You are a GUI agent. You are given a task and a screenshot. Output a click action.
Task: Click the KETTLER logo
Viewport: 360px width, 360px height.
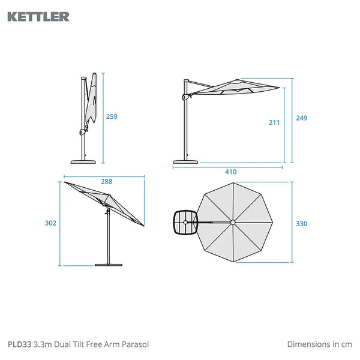click(x=38, y=17)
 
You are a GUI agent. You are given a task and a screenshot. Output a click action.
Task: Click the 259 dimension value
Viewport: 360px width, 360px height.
click(x=112, y=116)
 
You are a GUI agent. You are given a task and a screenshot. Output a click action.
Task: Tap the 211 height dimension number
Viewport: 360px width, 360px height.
click(x=274, y=122)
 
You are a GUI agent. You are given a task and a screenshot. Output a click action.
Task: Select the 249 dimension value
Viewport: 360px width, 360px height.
click(x=301, y=118)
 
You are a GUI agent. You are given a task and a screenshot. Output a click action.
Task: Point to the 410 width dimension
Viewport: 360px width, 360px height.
click(x=231, y=172)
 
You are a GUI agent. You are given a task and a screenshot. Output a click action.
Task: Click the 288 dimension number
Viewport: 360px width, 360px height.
click(x=107, y=182)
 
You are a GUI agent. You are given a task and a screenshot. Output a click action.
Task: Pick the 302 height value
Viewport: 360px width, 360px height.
click(x=50, y=223)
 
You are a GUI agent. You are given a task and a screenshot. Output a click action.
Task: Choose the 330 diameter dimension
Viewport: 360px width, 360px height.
click(x=301, y=224)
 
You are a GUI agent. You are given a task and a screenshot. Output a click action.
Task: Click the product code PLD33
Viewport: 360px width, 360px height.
click(x=20, y=344)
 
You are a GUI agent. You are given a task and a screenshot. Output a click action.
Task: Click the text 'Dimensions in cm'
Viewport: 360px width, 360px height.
click(x=320, y=344)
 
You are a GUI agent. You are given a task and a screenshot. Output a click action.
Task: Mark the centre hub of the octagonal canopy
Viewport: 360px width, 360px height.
click(x=233, y=222)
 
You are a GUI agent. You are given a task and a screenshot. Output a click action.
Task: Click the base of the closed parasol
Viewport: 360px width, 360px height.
click(x=83, y=162)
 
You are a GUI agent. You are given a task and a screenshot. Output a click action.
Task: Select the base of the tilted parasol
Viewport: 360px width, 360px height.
click(x=109, y=265)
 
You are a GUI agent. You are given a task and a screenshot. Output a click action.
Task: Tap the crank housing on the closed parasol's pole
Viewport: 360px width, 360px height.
click(x=82, y=132)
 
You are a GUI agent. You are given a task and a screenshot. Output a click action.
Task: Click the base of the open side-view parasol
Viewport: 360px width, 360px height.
click(x=185, y=162)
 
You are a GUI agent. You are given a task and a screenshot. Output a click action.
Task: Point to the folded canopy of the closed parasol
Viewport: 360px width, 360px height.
click(x=92, y=99)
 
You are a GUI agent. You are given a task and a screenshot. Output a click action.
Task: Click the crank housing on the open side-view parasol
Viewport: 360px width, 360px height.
click(x=185, y=97)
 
